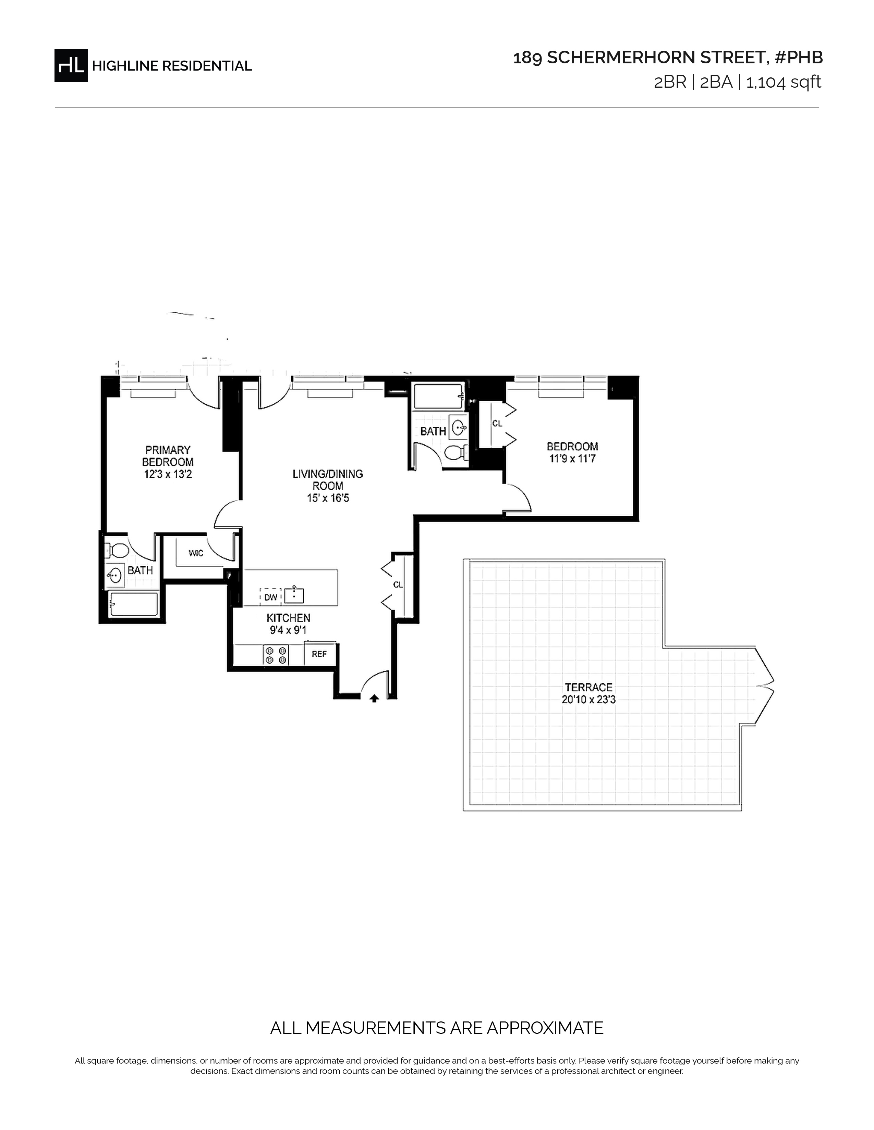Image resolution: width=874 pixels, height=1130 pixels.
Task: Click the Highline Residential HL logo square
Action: (71, 66)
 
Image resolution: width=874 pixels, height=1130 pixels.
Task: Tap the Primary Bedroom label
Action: (168, 456)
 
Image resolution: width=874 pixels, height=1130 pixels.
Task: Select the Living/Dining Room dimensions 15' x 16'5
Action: (328, 498)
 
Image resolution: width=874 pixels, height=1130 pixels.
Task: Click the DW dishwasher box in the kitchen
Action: (270, 597)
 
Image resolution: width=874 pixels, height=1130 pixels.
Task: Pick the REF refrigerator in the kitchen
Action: (319, 654)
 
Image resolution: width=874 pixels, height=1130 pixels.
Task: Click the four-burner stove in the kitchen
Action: (276, 655)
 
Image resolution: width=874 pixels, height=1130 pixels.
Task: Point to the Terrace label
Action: (589, 687)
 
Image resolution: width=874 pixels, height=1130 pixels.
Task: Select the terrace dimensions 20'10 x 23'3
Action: (589, 700)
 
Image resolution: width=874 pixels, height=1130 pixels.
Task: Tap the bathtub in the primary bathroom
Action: (134, 604)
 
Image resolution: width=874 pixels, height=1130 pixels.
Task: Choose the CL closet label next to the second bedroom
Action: (497, 423)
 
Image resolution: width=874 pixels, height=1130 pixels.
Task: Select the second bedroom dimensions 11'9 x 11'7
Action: (572, 459)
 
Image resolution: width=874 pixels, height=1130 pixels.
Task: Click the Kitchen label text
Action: (288, 618)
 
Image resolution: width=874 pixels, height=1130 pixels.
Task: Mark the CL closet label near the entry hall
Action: (398, 585)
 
